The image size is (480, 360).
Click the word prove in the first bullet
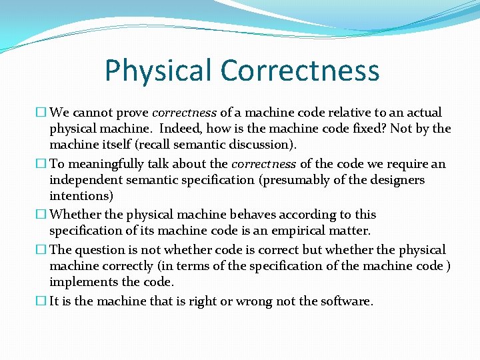click(x=133, y=113)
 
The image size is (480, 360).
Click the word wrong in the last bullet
click(x=251, y=301)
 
